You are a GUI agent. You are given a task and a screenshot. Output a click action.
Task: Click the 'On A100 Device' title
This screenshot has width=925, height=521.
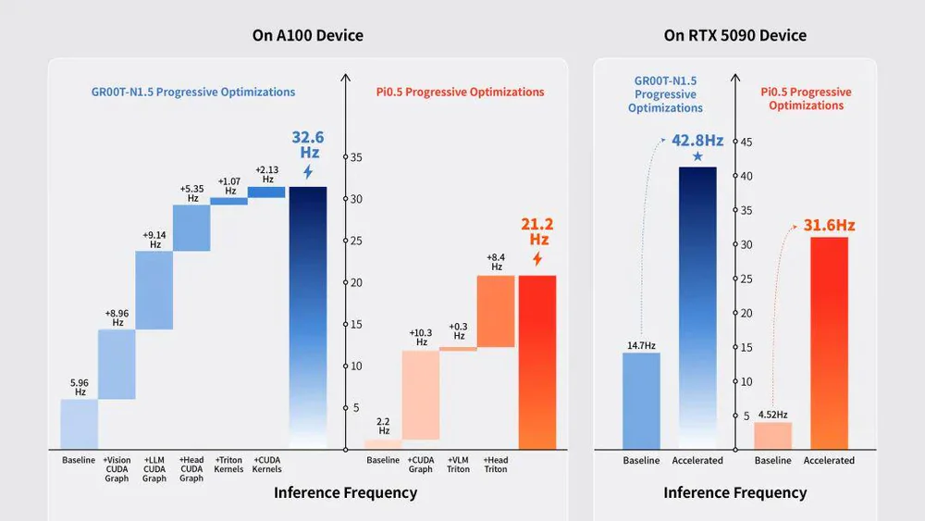[x=308, y=36]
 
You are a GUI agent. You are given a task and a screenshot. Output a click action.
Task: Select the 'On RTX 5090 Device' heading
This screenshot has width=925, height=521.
[x=735, y=36]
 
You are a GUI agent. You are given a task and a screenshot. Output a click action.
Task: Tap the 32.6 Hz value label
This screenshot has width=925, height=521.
[x=308, y=145]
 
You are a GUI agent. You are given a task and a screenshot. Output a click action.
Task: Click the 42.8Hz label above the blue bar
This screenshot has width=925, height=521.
[x=697, y=141]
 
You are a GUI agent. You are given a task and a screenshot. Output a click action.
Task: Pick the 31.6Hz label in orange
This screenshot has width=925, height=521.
[x=829, y=225]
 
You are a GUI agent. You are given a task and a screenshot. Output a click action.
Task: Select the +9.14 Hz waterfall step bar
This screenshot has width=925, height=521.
[x=154, y=290]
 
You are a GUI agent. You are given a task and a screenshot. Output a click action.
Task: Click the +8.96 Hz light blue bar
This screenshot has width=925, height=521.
[x=117, y=364]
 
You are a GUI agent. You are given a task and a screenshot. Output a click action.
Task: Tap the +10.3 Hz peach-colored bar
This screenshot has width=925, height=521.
[x=421, y=395]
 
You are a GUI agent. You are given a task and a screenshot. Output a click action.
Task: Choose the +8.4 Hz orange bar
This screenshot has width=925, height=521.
[x=496, y=311]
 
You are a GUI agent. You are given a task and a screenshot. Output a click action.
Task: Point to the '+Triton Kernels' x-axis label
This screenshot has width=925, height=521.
[x=229, y=465]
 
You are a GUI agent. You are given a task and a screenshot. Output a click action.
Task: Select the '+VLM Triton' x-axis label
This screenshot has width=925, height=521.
[x=459, y=465]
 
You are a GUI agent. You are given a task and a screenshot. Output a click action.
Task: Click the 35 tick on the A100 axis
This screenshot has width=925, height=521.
[x=355, y=158]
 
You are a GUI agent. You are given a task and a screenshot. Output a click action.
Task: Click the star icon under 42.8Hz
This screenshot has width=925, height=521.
[x=697, y=156]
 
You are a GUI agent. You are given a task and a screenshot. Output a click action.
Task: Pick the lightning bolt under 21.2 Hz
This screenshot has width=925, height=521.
[x=537, y=259]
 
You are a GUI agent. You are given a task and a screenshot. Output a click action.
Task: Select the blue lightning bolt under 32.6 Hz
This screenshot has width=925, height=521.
[x=308, y=172]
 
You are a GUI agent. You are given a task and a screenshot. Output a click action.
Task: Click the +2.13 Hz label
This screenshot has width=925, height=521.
[x=267, y=174]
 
